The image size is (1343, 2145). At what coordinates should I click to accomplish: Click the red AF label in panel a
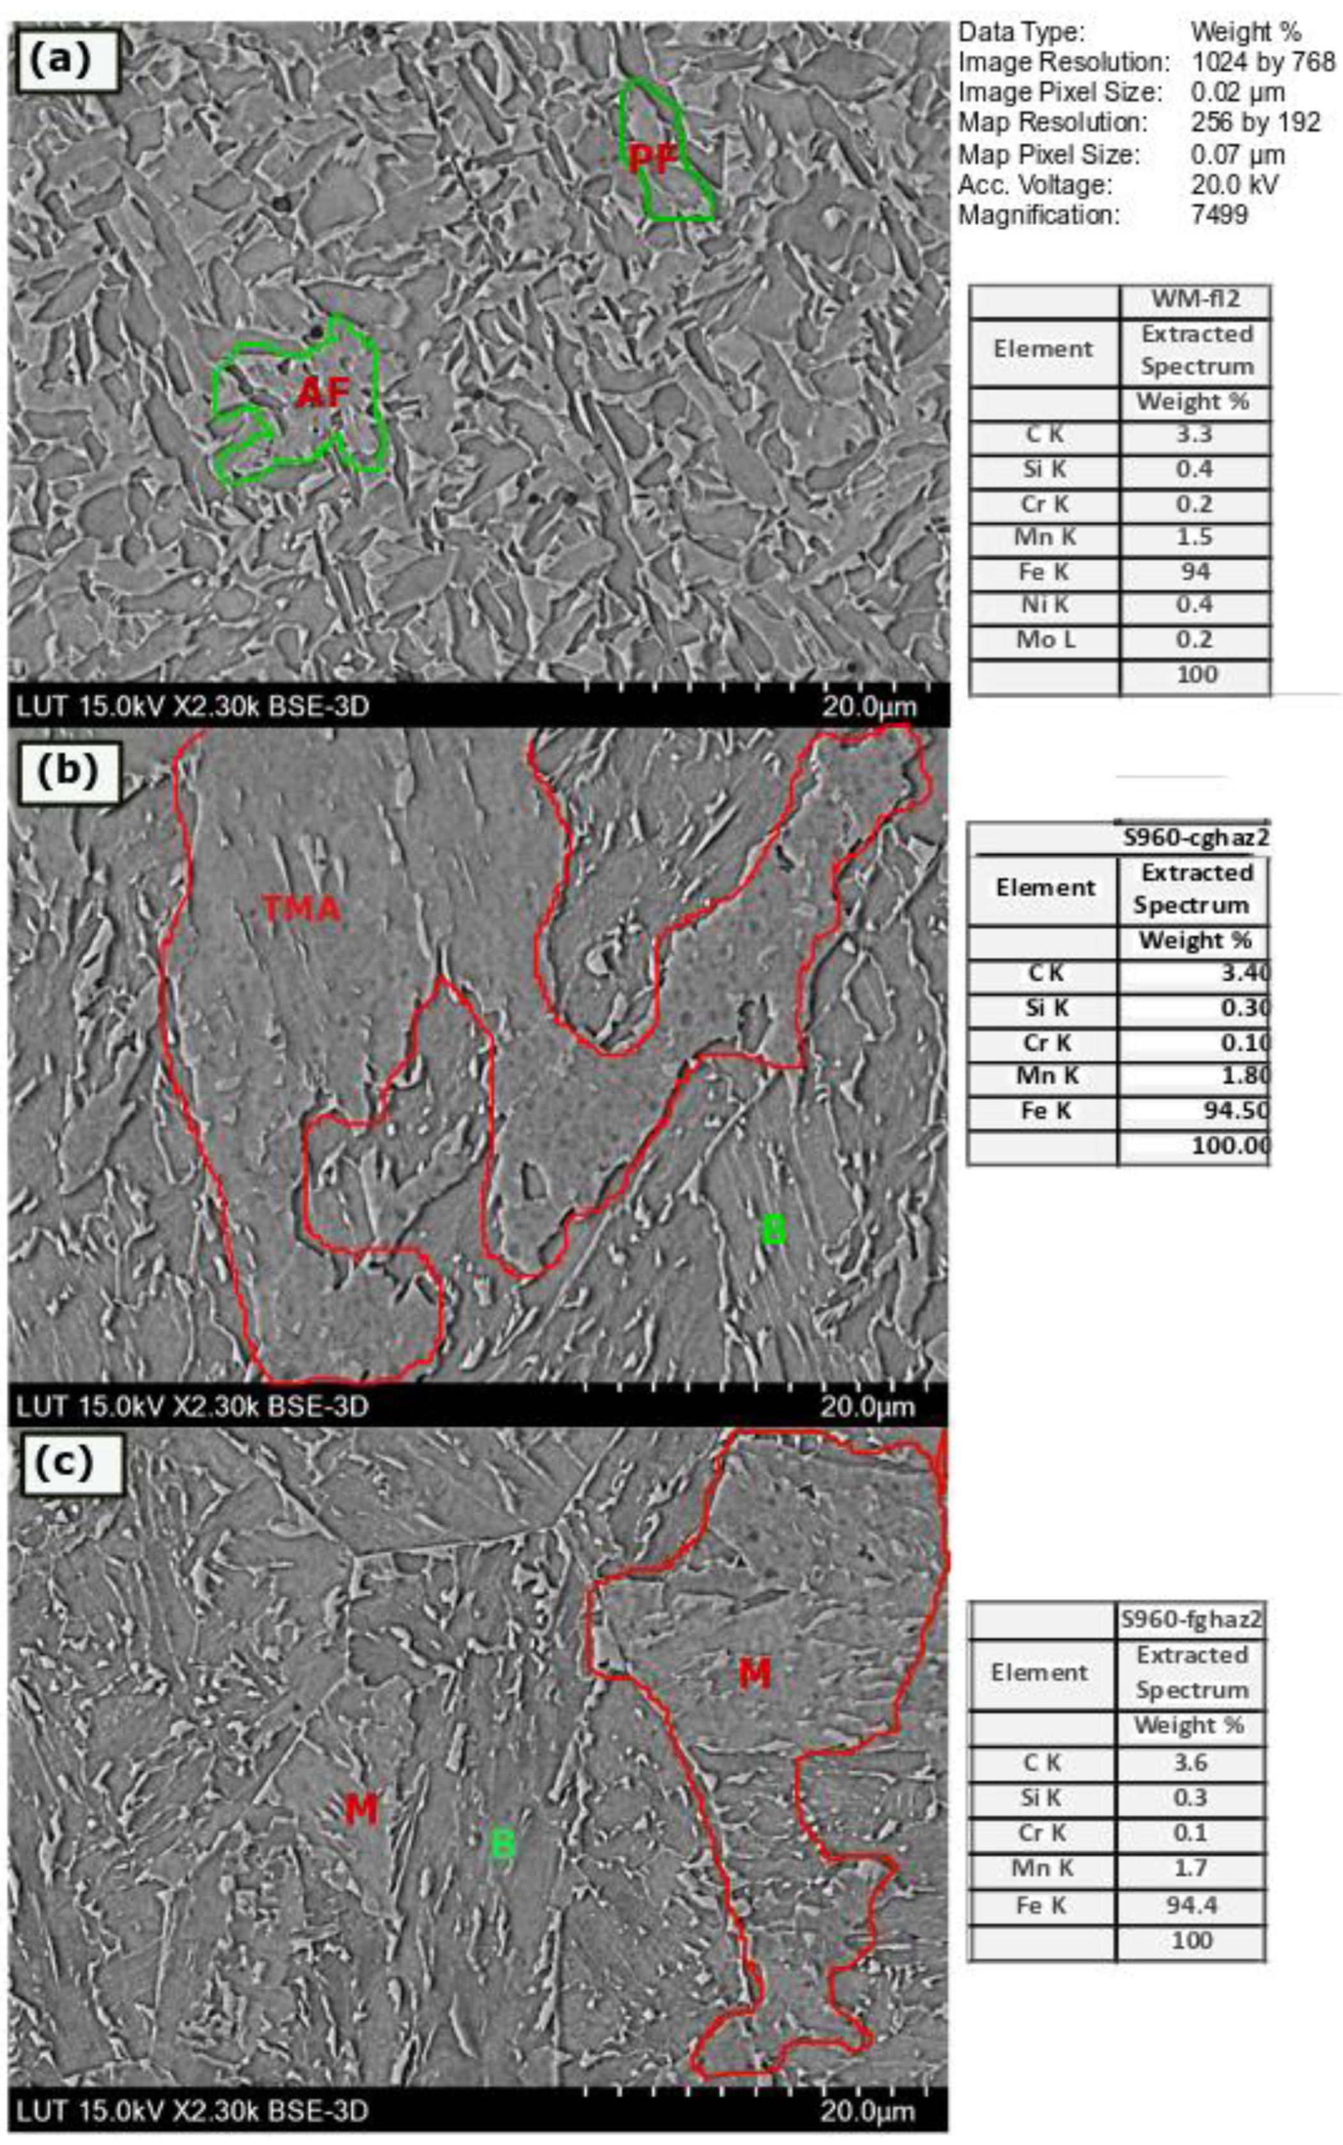[x=321, y=391]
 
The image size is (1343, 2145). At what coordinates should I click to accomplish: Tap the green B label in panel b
[x=774, y=1229]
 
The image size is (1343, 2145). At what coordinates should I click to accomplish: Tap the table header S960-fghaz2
[x=1190, y=1619]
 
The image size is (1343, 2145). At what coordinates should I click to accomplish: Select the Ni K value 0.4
[x=1195, y=605]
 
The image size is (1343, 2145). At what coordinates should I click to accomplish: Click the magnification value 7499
[x=1220, y=214]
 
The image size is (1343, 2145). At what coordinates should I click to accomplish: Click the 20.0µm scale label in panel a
[x=868, y=707]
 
